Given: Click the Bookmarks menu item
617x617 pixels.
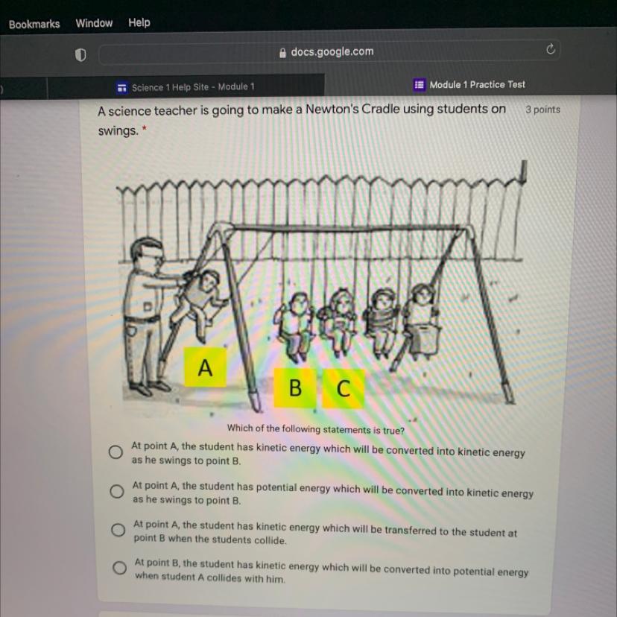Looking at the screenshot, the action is pos(34,25).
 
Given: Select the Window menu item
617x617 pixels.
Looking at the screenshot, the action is pos(94,23).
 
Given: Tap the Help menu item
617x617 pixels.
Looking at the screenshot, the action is pos(139,22).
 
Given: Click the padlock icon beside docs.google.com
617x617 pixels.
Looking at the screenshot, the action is pos(282,53).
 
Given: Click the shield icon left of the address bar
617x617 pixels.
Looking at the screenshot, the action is pos(80,55).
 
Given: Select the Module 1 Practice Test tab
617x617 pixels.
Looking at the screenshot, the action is pos(469,85).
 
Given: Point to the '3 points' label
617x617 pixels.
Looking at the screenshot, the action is pos(542,110).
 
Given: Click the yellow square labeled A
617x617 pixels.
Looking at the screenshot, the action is pos(206,367).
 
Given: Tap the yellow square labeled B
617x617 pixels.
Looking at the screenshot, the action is pos(295,387).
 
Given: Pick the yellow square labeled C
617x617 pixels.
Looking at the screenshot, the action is pos(343,389).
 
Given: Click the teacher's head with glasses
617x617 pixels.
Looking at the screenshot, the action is pos(148,254).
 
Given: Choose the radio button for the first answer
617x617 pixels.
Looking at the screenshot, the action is pos(116,452).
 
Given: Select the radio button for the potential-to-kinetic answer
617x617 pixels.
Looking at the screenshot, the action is pos(117,491).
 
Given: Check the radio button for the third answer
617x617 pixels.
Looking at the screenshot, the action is pos(118,530).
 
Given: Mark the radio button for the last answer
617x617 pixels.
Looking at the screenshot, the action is pos(119,568).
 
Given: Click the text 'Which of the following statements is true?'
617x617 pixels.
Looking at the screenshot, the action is pos(316,429).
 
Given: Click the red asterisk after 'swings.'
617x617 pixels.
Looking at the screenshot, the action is pos(145,128).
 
